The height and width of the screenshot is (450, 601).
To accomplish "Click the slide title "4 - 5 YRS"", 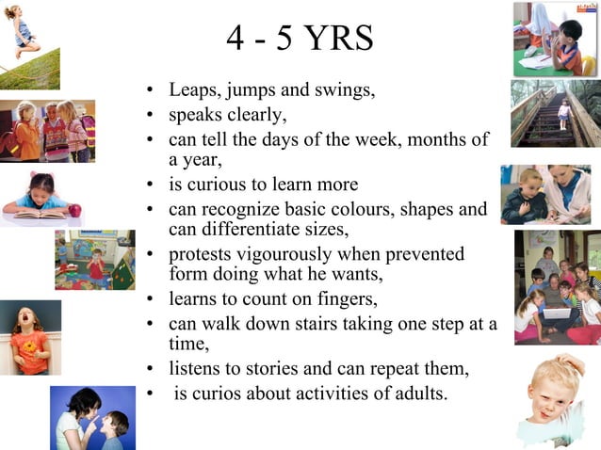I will point(300,39).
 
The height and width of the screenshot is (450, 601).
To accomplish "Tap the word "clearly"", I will point(253,117).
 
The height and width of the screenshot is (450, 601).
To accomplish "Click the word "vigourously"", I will point(306,254).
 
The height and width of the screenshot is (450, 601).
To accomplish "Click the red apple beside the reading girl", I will point(74,211).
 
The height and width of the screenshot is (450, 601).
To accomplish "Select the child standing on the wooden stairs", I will point(563,114).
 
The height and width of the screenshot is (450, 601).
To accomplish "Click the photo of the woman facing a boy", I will point(92,417).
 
